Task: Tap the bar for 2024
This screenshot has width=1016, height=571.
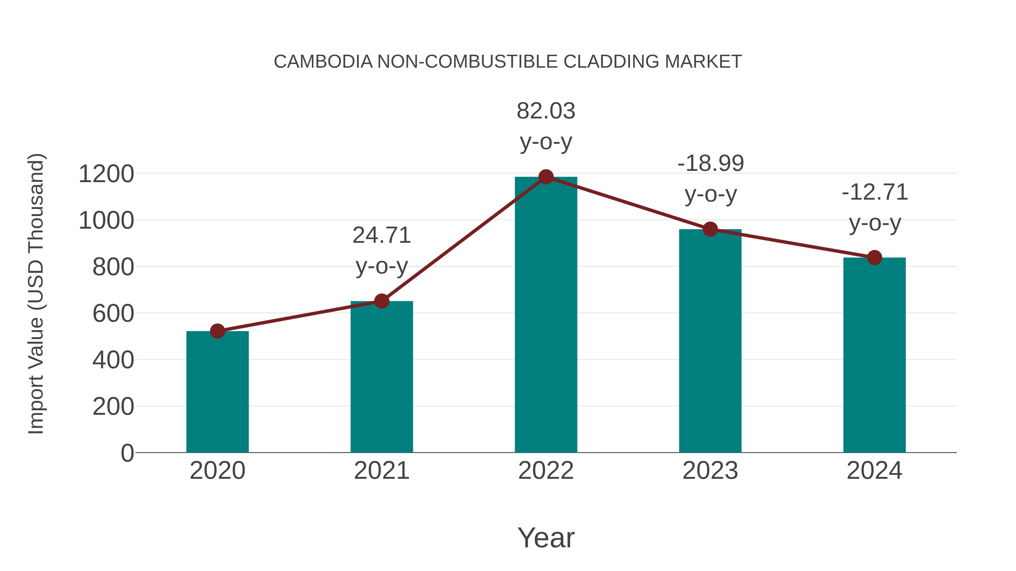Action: tap(874, 355)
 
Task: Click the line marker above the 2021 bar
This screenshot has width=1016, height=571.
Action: tap(381, 301)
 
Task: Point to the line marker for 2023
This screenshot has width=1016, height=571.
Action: tap(710, 229)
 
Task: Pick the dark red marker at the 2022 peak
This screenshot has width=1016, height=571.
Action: tap(546, 177)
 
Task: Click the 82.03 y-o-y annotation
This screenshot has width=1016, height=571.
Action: tap(546, 126)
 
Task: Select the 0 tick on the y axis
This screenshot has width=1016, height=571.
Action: tap(127, 453)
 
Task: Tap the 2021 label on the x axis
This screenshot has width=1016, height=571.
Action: tap(381, 471)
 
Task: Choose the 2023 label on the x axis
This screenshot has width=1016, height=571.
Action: tap(710, 471)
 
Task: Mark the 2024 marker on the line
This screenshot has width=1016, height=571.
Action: tap(874, 258)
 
